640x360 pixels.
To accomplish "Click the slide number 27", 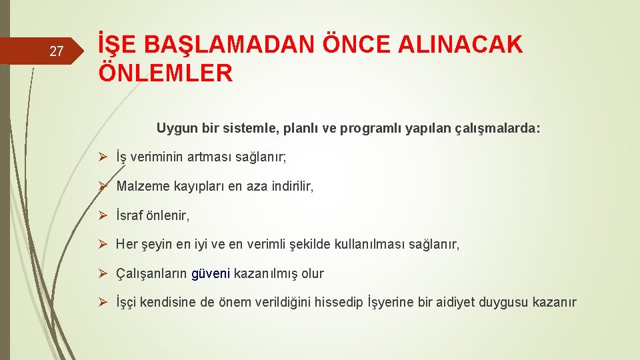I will pyautogui.click(x=57, y=51).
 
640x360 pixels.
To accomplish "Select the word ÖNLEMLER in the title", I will pyautogui.click(x=165, y=73).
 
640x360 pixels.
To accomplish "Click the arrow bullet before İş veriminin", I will pyautogui.click(x=103, y=157).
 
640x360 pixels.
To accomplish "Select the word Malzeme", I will pyautogui.click(x=140, y=187).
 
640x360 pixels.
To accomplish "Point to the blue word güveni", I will pyautogui.click(x=211, y=273).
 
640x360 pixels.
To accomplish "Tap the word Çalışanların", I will pyautogui.click(x=151, y=273).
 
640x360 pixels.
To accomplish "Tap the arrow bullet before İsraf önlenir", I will pyautogui.click(x=103, y=216).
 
